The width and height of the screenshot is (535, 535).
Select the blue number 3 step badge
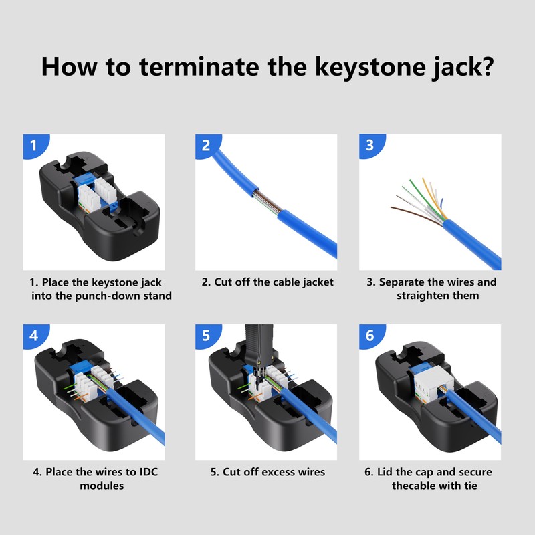point(371,146)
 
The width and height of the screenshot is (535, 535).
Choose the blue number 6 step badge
point(371,336)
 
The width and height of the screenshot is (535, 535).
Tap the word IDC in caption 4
point(148,472)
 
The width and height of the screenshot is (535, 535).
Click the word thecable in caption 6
point(413,486)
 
